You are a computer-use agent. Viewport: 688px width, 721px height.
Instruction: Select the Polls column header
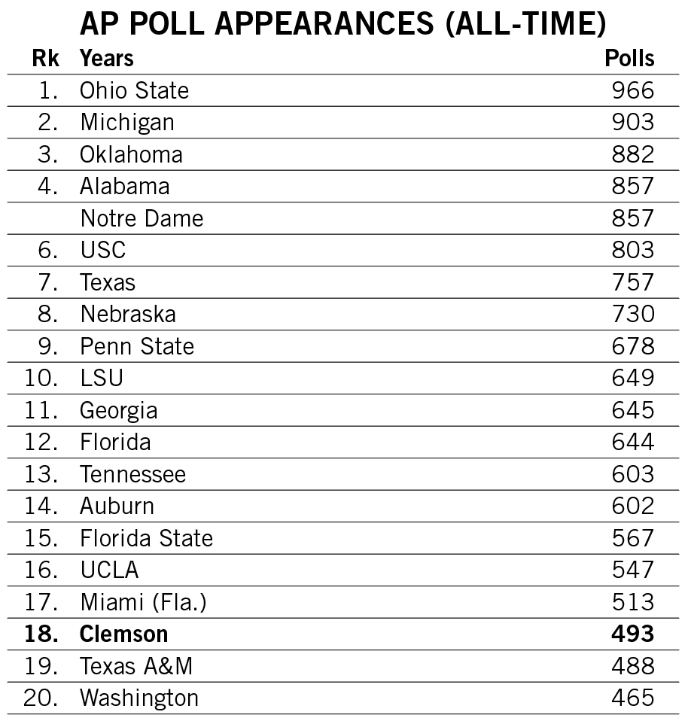point(629,58)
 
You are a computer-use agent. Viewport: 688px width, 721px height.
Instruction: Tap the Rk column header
point(45,58)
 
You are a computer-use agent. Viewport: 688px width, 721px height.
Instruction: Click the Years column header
point(107,58)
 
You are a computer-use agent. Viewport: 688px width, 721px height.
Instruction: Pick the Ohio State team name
point(134,90)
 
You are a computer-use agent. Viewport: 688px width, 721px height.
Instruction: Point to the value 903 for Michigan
point(632,122)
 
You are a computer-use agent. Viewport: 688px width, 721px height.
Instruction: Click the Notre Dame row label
point(142,218)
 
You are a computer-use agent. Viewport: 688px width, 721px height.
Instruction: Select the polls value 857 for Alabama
point(632,186)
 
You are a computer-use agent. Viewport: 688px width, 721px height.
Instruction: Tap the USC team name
point(103,250)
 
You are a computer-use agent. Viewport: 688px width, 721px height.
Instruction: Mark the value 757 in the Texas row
point(632,282)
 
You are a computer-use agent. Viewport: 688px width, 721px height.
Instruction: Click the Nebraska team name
point(128,314)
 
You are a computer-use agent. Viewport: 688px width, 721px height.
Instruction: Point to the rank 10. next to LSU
point(41,378)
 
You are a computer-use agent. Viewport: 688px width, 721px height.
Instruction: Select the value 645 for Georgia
point(632,410)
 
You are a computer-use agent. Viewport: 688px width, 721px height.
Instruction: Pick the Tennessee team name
point(132,474)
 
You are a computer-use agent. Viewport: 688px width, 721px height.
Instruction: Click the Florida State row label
point(146,538)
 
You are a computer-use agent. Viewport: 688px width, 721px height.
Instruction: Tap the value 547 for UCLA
point(632,570)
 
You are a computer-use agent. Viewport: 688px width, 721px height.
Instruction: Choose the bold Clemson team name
point(123,634)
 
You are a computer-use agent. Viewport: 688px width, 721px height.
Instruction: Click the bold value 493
point(632,634)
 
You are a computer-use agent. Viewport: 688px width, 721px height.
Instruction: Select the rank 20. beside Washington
point(41,698)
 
